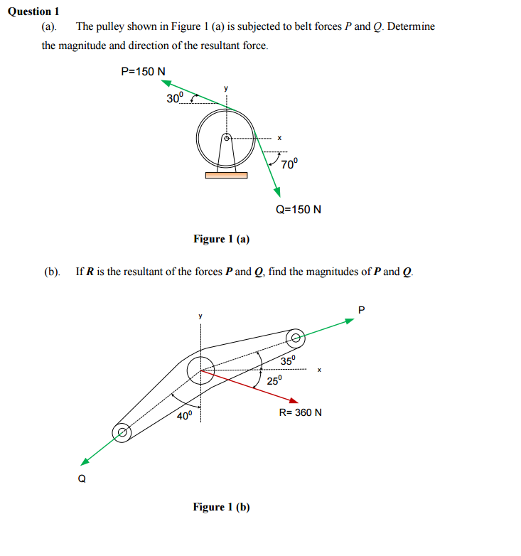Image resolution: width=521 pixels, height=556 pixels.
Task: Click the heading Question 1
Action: pos(33,11)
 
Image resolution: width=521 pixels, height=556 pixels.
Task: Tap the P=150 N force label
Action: pos(144,71)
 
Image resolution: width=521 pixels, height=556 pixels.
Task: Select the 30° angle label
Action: pos(175,98)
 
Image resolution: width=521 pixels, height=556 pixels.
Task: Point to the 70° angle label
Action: pos(289,164)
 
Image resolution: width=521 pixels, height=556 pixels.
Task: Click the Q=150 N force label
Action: pos(299,210)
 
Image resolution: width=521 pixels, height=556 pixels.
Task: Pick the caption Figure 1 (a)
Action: pos(221,239)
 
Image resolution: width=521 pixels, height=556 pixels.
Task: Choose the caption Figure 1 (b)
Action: pos(221,507)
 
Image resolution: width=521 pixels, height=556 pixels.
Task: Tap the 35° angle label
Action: pos(287,360)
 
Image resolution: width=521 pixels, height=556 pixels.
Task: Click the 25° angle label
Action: pos(274,380)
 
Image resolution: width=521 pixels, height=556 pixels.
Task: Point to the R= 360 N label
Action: pos(300,412)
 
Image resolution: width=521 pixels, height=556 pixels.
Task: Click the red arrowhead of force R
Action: pos(294,400)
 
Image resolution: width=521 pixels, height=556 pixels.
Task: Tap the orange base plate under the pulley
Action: pos(226,175)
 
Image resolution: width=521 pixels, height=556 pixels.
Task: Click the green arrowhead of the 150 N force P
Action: pos(166,83)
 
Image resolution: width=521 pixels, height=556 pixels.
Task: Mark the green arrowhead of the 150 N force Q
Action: pos(277,192)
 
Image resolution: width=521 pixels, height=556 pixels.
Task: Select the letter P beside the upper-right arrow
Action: pos(361,309)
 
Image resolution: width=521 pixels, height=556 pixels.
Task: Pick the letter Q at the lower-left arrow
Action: pos(82,479)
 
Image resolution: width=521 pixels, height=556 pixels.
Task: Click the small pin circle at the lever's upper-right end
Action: pos(295,336)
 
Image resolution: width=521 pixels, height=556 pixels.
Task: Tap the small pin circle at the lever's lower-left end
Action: pos(123,432)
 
